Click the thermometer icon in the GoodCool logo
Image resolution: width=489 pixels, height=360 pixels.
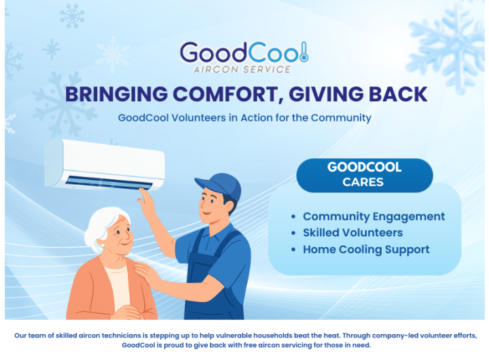304,52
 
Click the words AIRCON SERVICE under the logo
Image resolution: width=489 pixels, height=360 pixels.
242,69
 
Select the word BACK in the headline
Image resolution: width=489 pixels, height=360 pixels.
398,94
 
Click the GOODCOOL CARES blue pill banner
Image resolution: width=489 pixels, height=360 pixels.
364,175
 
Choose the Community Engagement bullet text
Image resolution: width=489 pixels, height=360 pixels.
374,217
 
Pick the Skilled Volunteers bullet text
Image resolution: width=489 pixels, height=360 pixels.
352,233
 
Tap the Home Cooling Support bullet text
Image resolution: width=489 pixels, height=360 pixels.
366,249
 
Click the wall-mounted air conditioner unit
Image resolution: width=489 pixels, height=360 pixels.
105,164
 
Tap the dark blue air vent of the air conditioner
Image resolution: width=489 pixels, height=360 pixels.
109,182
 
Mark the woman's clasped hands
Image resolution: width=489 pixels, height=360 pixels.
127,312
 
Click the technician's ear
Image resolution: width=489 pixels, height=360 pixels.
230,206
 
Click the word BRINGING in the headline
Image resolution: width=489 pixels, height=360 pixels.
116,94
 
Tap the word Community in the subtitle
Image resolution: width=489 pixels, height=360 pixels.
341,118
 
